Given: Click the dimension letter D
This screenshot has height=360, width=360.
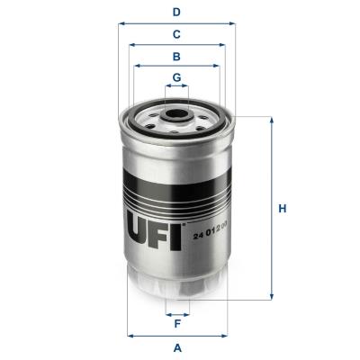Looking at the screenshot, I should point(177,12).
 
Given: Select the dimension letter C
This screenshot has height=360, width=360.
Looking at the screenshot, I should point(177,34).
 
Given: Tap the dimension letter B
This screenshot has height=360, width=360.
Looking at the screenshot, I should point(177,56).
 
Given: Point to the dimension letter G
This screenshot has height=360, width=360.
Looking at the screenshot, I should point(177,76).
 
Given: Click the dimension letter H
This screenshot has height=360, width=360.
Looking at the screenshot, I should point(282,210).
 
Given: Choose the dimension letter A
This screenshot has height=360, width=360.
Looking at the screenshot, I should point(177,347).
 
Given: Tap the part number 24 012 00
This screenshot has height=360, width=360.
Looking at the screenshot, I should point(209,236).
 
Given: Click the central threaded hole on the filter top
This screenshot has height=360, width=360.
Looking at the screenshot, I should point(177,115).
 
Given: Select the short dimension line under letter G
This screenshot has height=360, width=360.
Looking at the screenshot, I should point(177,87).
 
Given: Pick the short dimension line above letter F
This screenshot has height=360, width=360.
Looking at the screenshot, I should point(177,314).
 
